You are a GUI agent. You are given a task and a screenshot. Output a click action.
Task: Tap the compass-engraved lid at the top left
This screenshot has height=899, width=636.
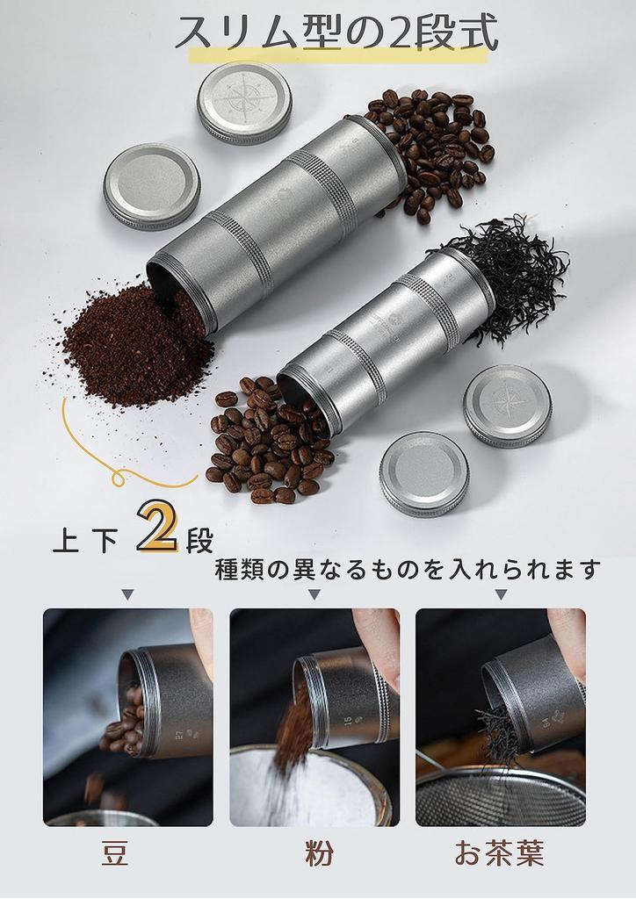pos(243,102)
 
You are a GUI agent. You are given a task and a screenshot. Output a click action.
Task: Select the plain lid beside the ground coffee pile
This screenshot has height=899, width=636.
pos(151,186)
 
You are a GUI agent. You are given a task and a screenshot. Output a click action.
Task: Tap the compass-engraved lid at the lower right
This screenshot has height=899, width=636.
pos(507,406)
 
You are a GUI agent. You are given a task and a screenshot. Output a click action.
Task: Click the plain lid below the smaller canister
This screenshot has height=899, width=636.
pos(424,473)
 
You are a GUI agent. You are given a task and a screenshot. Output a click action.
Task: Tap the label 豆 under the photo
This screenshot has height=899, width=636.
pos(115,853)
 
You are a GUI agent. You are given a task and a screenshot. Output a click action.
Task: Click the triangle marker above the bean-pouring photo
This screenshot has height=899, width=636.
pos(127,595)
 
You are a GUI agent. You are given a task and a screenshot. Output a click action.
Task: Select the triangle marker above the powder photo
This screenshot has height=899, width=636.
pos(314,595)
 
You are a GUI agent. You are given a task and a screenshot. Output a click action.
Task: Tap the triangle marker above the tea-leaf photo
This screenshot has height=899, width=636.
pos(501,595)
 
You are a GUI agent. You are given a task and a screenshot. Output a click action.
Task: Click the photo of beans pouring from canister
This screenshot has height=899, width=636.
pos(127,716)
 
